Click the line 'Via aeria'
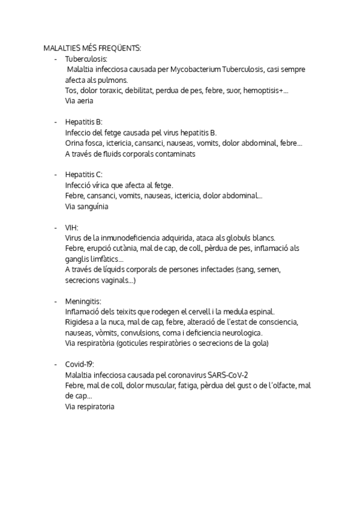click(x=79, y=101)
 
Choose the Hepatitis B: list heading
click(x=83, y=122)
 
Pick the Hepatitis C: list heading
click(x=84, y=174)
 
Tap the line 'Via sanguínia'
click(x=86, y=206)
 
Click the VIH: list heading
click(x=72, y=227)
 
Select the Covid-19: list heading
click(x=80, y=364)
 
